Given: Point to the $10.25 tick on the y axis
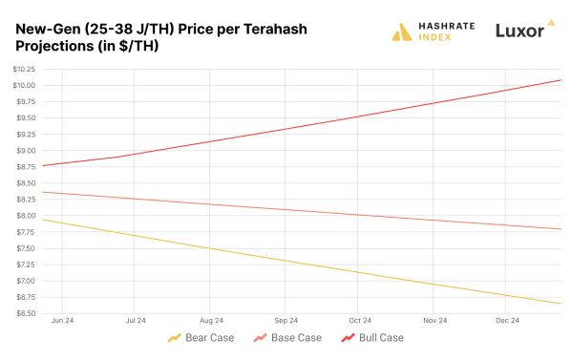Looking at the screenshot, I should point(24,69).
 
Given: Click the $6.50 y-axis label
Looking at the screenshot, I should point(25,313).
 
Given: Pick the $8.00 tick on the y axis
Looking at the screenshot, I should point(25,216).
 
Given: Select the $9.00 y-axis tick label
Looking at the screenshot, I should point(25,151).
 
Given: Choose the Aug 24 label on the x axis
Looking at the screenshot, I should point(211,321).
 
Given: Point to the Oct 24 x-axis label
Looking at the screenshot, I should point(360,321).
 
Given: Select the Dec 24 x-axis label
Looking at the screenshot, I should point(508,321).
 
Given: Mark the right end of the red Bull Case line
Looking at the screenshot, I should point(561,79).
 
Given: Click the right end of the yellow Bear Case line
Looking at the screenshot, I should point(561,304).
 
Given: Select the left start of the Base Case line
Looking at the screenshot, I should point(44,193).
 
